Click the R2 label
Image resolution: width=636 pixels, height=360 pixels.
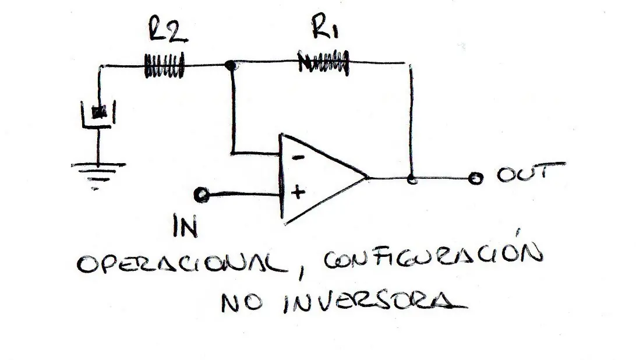click(168, 29)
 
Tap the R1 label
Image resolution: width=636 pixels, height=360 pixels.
click(324, 27)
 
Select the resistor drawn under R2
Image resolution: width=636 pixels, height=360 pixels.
click(164, 65)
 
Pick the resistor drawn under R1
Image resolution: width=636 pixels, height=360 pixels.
click(323, 62)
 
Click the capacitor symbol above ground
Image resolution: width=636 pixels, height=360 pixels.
click(98, 114)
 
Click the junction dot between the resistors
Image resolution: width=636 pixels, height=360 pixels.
click(231, 65)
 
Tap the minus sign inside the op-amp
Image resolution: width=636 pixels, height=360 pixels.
click(299, 157)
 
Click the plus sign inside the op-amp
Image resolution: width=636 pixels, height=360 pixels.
click(298, 192)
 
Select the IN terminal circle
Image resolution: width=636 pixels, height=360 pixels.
click(202, 195)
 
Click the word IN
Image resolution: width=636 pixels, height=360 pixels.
click(185, 226)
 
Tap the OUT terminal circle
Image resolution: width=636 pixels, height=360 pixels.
click(475, 178)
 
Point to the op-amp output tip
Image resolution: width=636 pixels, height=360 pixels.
click(368, 177)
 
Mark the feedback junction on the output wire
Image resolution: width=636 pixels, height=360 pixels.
click(412, 179)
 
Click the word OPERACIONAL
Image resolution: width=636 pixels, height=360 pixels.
click(182, 264)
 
